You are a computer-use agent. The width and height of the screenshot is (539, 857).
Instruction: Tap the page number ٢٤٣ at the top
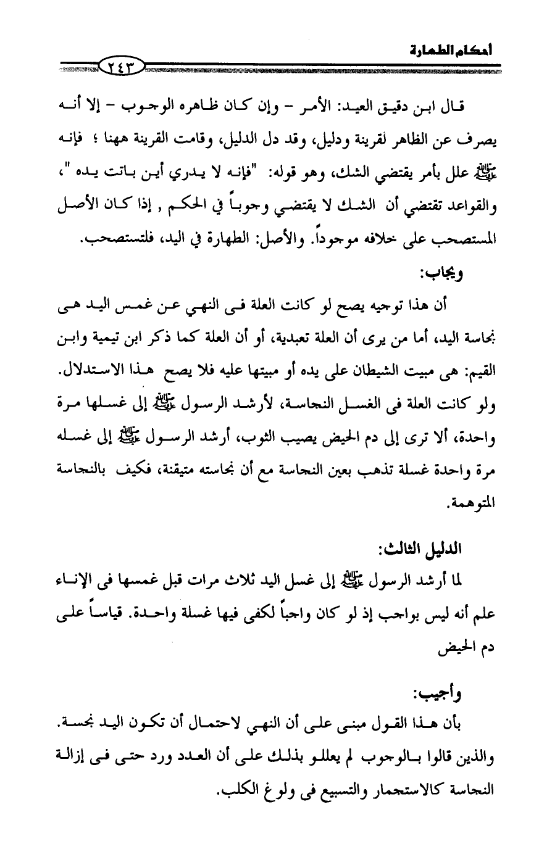pos(121,62)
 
